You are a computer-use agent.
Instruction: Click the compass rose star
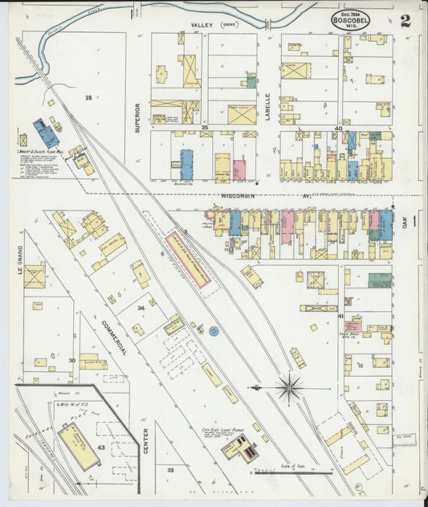point(288,388)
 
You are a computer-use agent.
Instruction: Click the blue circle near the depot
point(214,330)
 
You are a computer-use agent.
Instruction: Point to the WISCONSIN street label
point(239,195)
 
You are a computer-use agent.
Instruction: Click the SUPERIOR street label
point(138,117)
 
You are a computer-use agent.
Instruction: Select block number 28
point(88,97)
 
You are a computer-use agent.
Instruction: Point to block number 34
point(141,308)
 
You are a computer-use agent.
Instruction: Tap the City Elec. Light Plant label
point(223,431)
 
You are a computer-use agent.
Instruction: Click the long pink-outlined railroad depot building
point(188,260)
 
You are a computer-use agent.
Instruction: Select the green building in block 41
point(379,281)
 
